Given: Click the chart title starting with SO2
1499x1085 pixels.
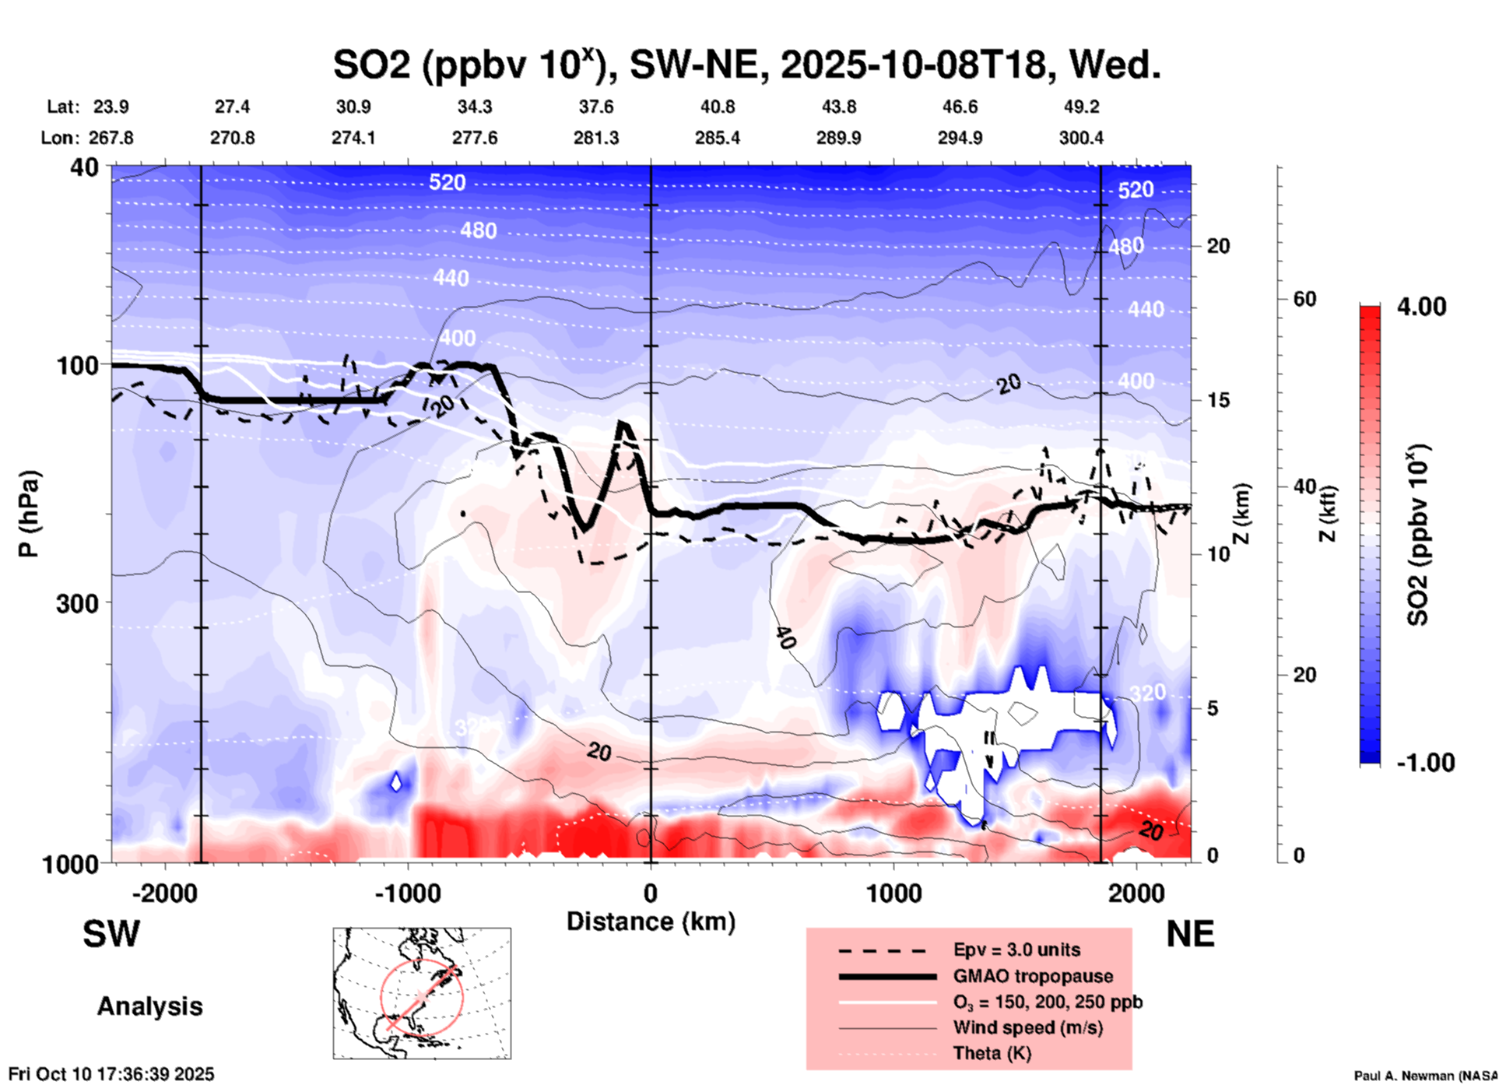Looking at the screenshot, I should (746, 65).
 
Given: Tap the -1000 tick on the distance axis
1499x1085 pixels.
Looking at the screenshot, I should (407, 893).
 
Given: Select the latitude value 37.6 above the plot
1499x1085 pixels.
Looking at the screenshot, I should (595, 107).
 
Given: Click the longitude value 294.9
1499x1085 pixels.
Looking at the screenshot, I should (960, 138).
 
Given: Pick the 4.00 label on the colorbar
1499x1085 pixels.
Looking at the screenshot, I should (1421, 307).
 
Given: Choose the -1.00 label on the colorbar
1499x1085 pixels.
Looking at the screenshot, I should (1425, 763).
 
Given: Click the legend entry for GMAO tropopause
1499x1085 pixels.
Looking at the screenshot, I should (1033, 976).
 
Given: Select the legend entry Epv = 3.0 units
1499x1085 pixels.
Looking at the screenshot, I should (1016, 950).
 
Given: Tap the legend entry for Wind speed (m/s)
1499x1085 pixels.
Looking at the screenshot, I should (1027, 1027).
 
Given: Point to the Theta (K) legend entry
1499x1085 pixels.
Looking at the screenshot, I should (992, 1053).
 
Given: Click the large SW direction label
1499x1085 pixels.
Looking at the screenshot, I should (111, 934).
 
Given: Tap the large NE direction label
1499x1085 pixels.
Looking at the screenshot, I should (1190, 934).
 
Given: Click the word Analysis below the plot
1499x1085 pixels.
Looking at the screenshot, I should (149, 1006).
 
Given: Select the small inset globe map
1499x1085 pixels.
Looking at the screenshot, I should (422, 993).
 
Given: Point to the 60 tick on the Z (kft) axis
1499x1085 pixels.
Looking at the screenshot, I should (1304, 299).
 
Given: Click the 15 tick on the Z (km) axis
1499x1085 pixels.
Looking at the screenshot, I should (1218, 400).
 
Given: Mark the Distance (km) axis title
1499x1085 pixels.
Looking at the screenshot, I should (651, 922).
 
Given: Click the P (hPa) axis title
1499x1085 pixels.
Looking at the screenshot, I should (29, 514).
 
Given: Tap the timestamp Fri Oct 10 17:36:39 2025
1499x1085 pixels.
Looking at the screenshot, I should (111, 1074).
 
